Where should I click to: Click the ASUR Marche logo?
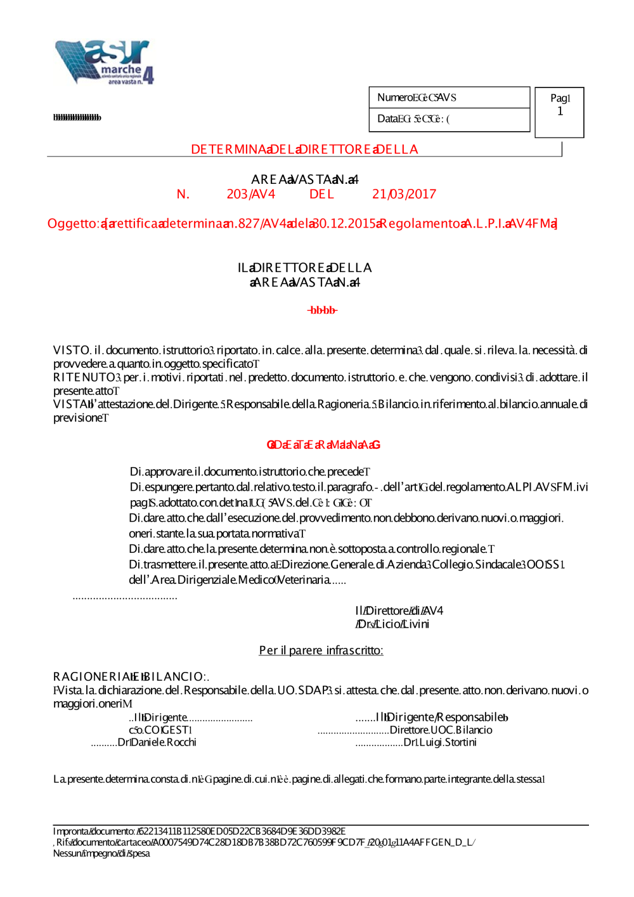105,62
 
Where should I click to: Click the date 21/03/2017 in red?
404,194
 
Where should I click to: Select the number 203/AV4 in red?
250,194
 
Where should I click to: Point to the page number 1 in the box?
560,112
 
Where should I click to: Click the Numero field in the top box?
417,98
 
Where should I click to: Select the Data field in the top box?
413,119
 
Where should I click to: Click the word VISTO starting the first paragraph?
72,350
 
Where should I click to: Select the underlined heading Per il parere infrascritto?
321,650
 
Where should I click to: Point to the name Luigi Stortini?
440,742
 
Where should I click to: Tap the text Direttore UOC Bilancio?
441,730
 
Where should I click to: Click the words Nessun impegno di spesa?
101,853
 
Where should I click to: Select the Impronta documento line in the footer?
199,831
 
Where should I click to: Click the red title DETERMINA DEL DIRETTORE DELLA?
304,150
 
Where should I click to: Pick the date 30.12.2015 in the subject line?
344,223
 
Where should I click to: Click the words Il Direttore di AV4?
399,610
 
